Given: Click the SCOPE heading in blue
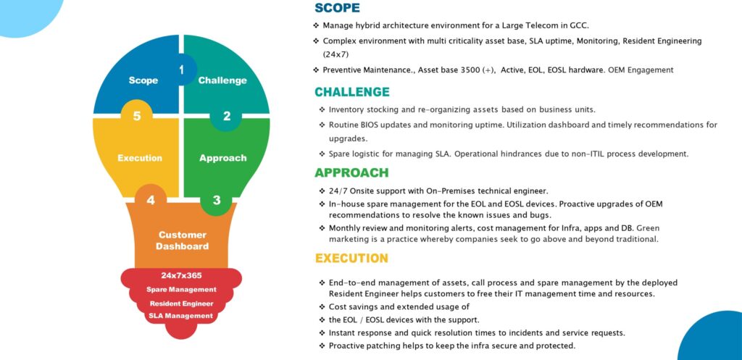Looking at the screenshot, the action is [x=337, y=8].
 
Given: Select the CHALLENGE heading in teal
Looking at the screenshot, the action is [x=352, y=92].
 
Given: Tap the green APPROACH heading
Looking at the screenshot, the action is [x=351, y=172].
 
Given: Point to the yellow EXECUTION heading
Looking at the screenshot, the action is [x=351, y=259].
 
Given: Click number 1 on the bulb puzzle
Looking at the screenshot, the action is [x=182, y=70].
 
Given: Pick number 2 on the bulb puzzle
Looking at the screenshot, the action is [x=227, y=116].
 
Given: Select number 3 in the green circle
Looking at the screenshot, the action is [x=216, y=200].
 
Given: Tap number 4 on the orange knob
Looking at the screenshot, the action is [x=151, y=200].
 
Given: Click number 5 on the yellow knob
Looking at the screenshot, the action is [x=137, y=116].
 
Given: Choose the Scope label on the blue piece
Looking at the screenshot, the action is [x=143, y=80].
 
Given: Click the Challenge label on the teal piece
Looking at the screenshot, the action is [x=222, y=80].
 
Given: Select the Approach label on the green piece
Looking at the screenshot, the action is [x=223, y=158].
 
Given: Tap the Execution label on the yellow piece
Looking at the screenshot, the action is [x=140, y=158].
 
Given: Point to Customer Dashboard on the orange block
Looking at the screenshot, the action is [x=182, y=240].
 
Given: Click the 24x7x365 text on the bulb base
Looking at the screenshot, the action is [x=182, y=275].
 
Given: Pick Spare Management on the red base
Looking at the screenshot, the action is [x=181, y=290].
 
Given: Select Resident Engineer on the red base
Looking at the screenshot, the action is [x=182, y=304].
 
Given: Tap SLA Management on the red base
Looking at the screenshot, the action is [x=181, y=316].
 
